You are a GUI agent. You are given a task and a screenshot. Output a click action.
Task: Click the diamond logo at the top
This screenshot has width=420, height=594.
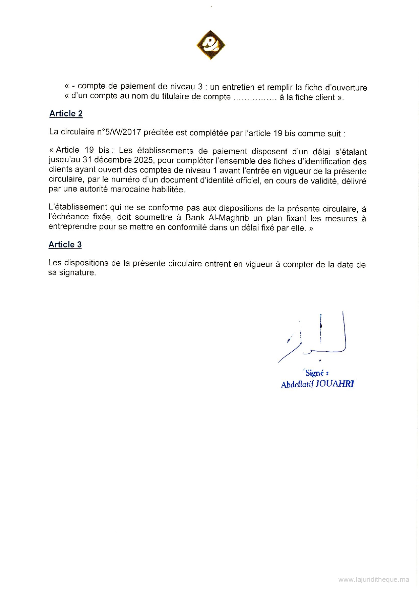pyautogui.click(x=211, y=45)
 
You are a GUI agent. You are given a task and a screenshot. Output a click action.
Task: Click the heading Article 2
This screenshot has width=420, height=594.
pyautogui.click(x=66, y=114)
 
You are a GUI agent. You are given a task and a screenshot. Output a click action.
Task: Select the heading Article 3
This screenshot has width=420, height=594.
pyautogui.click(x=65, y=245)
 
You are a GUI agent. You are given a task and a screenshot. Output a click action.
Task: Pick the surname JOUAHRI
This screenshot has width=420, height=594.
pyautogui.click(x=335, y=384)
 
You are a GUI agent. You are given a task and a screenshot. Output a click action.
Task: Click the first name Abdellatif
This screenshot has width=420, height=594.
pyautogui.click(x=297, y=384)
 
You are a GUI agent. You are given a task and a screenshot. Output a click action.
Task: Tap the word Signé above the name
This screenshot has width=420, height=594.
pyautogui.click(x=315, y=373)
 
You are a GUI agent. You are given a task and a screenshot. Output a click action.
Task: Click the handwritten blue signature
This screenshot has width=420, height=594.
pyautogui.click(x=315, y=338)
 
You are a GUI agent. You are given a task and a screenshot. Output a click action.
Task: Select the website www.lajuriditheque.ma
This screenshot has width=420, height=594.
pyautogui.click(x=374, y=580)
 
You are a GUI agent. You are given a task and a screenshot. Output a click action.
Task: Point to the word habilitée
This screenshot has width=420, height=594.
pyautogui.click(x=168, y=190)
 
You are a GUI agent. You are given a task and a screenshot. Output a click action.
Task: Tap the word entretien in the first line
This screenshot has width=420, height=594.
pyautogui.click(x=237, y=87)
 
